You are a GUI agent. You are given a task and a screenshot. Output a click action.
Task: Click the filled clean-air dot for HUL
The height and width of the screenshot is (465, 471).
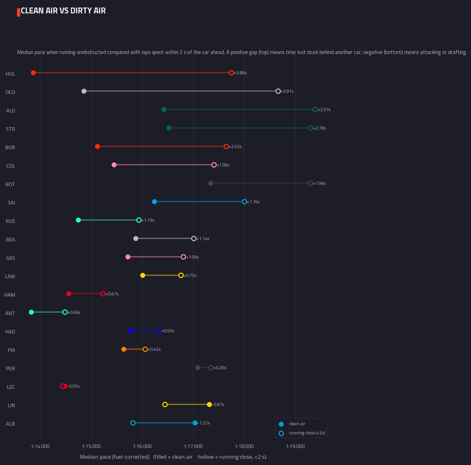(x=33, y=73)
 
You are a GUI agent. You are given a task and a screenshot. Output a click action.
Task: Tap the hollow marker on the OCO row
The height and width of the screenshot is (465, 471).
(x=278, y=91)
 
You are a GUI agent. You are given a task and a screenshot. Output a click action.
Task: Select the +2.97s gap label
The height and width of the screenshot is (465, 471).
(x=324, y=110)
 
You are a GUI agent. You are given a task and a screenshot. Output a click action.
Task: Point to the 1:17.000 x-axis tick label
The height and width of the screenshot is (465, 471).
(x=193, y=446)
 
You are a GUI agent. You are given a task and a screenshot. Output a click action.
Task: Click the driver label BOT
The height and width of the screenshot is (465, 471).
(x=10, y=184)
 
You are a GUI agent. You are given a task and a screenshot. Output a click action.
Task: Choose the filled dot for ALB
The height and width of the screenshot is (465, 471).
(x=195, y=423)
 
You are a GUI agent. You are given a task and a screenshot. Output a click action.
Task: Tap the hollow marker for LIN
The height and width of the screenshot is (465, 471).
(x=165, y=404)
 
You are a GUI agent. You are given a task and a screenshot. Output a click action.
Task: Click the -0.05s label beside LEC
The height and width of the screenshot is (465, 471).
(x=74, y=386)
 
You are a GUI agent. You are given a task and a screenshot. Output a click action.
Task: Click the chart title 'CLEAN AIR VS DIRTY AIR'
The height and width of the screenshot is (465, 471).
(x=63, y=11)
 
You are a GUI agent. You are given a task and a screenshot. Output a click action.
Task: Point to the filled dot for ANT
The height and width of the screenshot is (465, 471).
(x=31, y=312)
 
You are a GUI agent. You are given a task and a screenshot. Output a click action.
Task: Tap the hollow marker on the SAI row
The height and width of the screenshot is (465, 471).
(x=244, y=202)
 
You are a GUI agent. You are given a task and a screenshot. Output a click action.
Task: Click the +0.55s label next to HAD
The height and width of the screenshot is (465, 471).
(x=168, y=331)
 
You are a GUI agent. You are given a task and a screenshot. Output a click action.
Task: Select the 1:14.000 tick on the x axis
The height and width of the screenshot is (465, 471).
(x=40, y=446)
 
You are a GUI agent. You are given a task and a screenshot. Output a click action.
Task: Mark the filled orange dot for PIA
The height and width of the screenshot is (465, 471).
(x=124, y=349)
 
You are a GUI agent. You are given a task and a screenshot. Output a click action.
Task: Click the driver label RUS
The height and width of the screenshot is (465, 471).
(x=10, y=221)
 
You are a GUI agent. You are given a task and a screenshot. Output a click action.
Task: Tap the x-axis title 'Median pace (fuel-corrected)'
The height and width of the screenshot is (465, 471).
(x=115, y=457)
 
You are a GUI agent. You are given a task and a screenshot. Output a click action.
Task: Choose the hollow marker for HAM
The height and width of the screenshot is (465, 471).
(x=103, y=294)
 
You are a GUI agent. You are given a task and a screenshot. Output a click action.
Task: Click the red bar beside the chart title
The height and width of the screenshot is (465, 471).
(x=18, y=12)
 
